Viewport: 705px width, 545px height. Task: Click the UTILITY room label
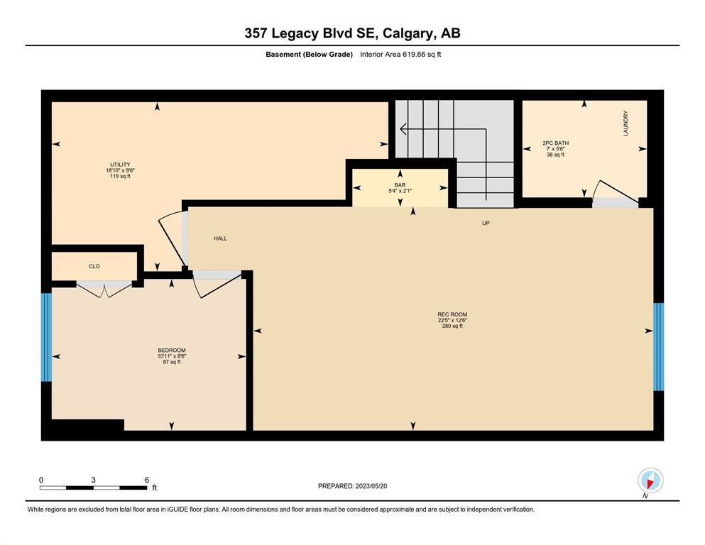click(x=120, y=165)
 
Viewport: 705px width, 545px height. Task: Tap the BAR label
click(x=400, y=185)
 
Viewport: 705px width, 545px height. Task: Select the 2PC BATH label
click(x=555, y=143)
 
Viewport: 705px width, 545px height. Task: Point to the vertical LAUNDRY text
click(x=625, y=123)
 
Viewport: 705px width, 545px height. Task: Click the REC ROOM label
click(x=452, y=314)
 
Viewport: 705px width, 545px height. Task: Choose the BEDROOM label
click(x=172, y=350)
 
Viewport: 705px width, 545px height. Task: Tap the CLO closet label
click(x=94, y=266)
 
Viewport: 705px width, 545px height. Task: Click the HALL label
click(x=220, y=238)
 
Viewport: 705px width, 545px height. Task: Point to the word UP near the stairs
click(x=486, y=224)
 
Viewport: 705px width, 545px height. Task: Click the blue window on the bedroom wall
click(x=46, y=337)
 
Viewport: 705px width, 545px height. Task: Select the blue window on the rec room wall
click(x=658, y=346)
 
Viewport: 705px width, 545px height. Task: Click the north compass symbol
click(x=650, y=480)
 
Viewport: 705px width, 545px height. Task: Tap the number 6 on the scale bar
click(x=146, y=480)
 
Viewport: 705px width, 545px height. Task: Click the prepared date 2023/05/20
click(x=371, y=486)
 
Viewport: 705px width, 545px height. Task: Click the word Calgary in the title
click(x=408, y=33)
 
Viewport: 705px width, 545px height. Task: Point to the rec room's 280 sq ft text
click(x=452, y=326)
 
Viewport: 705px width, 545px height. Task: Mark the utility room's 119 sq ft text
click(x=120, y=176)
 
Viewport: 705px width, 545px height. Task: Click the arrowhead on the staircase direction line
click(x=403, y=129)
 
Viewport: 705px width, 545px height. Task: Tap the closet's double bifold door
click(x=104, y=289)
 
